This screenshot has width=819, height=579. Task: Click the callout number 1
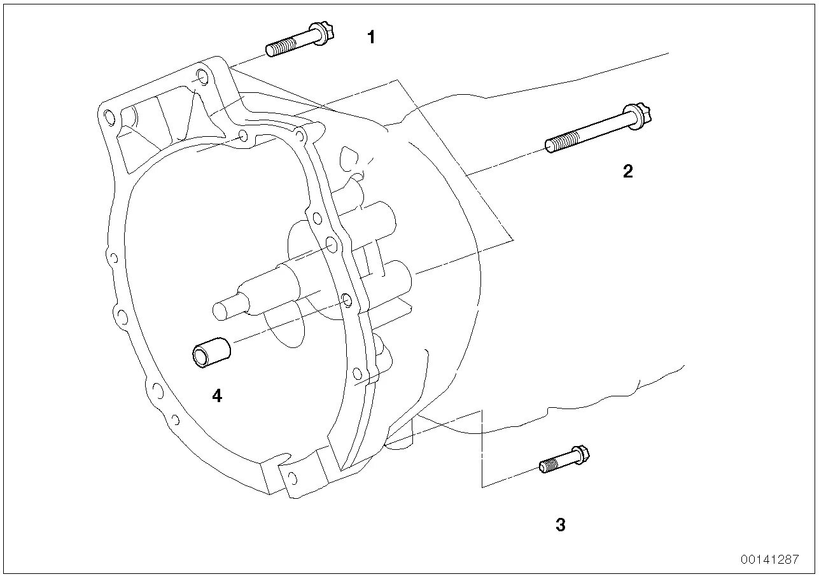[x=371, y=38]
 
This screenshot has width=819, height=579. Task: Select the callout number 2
[x=628, y=171]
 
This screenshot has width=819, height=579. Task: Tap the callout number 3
[x=560, y=526]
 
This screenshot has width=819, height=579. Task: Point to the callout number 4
[x=217, y=396]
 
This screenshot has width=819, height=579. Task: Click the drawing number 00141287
[x=769, y=560]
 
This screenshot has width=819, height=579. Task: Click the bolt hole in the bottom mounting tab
[x=292, y=477]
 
